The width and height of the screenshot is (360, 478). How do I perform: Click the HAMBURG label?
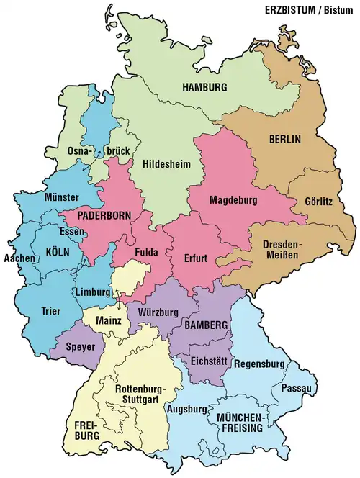point(204,87)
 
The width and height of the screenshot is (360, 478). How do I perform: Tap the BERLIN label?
point(284,138)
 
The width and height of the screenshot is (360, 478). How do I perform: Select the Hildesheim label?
point(166,163)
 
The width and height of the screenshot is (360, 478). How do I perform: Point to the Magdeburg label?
point(234,199)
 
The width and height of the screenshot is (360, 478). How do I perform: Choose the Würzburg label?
point(153,312)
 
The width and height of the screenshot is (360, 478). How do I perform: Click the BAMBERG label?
point(205,325)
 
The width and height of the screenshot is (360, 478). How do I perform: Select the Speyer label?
point(79,346)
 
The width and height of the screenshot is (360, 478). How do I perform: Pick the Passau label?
point(302,389)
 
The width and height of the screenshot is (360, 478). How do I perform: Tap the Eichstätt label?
point(210,361)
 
